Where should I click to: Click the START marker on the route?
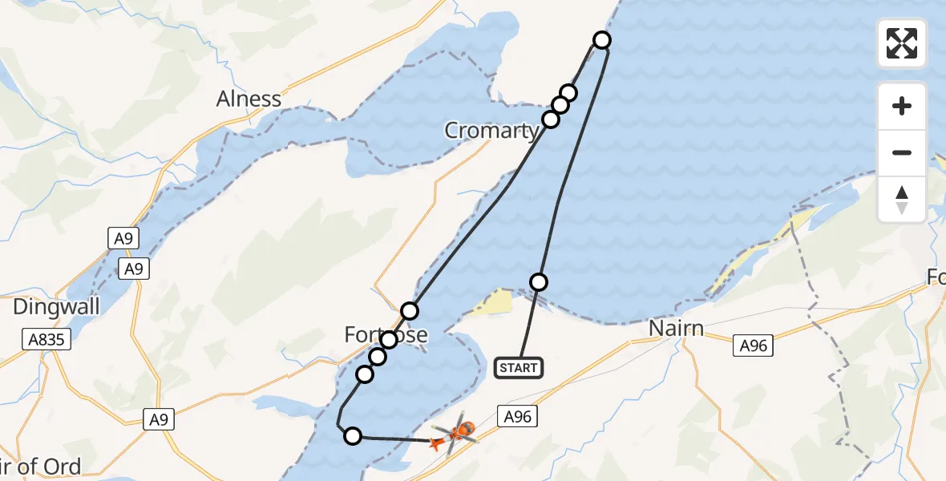point(519,368)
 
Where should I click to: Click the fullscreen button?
point(902,43)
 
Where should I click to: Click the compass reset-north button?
point(902,200)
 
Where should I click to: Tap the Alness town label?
point(249,99)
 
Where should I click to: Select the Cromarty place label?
point(491,131)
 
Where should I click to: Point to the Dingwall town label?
point(56,306)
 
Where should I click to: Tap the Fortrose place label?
point(386,335)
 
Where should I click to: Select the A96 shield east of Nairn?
point(754,346)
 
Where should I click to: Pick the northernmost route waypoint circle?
point(602,39)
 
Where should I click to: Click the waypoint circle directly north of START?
point(539,281)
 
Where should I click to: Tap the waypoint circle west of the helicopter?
point(352,436)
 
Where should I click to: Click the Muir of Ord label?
point(40,467)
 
